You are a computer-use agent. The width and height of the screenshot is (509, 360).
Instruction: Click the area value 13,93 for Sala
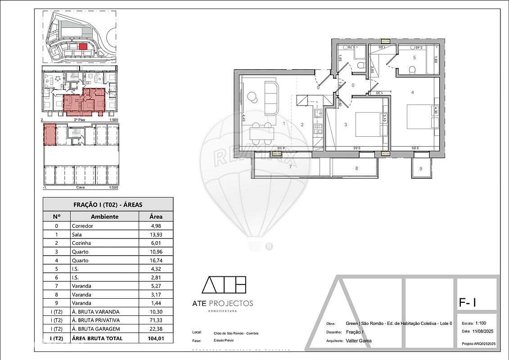[x=156, y=234]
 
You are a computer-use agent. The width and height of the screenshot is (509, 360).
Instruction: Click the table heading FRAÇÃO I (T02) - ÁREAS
[x=108, y=204]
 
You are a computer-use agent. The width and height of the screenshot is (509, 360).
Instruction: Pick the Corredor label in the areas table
[x=82, y=226]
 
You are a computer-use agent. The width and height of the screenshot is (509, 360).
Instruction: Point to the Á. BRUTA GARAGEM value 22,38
[x=156, y=329]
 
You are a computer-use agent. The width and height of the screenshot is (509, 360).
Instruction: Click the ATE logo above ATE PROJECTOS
[x=224, y=285]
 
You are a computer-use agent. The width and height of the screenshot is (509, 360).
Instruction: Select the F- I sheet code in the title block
[x=467, y=303]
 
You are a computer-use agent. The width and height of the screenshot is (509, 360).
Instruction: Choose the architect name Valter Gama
[x=359, y=341]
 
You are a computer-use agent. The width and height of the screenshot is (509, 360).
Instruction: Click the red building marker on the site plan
[x=82, y=46]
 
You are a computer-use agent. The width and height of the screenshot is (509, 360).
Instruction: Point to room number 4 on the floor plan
[x=412, y=93]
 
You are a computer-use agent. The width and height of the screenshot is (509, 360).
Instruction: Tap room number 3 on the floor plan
[x=346, y=125]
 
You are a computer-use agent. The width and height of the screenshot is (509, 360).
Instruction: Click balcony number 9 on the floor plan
[x=421, y=169]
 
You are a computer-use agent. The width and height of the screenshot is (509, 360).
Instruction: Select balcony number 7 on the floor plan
[x=290, y=167]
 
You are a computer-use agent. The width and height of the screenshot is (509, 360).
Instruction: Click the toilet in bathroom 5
[x=412, y=70]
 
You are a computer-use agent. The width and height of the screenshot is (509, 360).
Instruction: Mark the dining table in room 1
[x=262, y=133]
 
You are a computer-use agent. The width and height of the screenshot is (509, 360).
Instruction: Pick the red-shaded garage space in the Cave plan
[x=50, y=135]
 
